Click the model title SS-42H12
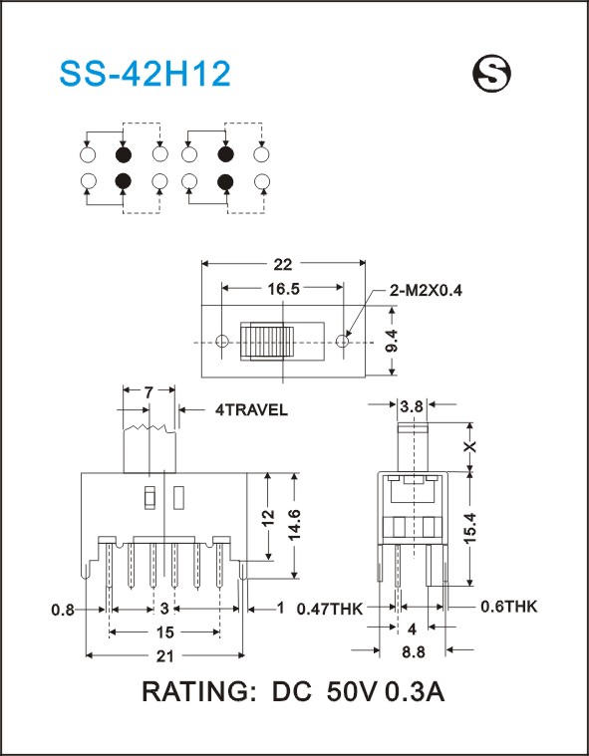(145, 74)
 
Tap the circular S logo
(491, 74)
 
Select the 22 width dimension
(283, 264)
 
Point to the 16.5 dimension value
(284, 288)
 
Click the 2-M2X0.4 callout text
(425, 290)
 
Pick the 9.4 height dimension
(392, 341)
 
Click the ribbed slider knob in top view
(267, 342)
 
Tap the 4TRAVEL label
(251, 409)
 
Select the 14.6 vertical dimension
(294, 524)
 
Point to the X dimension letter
(470, 446)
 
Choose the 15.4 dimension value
(470, 528)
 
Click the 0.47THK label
(330, 609)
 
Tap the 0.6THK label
(508, 607)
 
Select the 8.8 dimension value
(414, 651)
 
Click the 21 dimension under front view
(164, 655)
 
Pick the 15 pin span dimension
(164, 632)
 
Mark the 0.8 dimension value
(63, 610)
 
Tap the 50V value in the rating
(352, 692)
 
